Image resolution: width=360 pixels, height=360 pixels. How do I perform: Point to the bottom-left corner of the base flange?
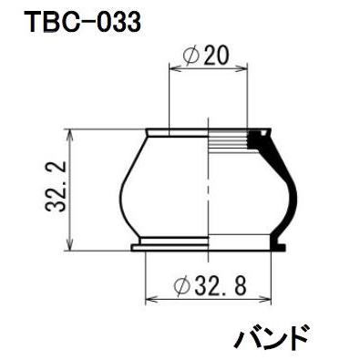point(133,251)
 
